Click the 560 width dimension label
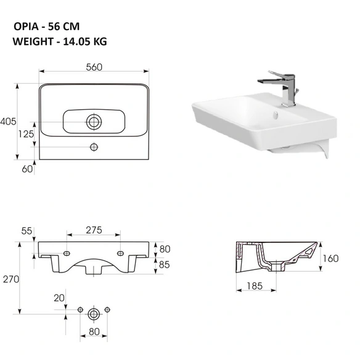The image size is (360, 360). (x=94, y=67)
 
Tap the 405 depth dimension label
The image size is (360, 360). (x=8, y=121)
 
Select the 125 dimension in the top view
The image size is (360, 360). (x=26, y=134)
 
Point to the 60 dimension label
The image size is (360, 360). (x=27, y=169)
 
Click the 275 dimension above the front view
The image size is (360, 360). (x=94, y=230)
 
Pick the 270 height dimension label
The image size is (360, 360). (x=11, y=279)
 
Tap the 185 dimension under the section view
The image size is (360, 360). (x=255, y=286)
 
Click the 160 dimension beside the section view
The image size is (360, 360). (x=330, y=258)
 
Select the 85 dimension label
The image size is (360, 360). (x=164, y=264)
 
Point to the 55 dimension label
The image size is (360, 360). (x=27, y=231)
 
